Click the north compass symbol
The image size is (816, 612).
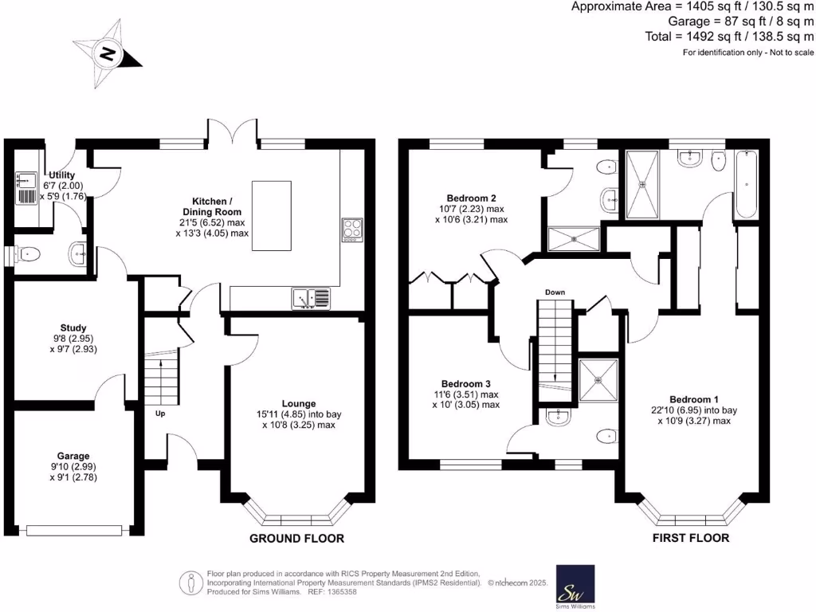point(108,55)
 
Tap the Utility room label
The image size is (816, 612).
point(62,175)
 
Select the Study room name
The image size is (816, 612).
point(73,328)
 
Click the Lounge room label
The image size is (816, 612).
point(298,403)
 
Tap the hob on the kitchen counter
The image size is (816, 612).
point(351,229)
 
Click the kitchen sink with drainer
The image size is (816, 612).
point(311,298)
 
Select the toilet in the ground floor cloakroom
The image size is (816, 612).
point(29,255)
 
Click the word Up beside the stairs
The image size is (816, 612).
point(160,413)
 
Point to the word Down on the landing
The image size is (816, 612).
point(555,292)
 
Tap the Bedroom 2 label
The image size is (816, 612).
point(472,198)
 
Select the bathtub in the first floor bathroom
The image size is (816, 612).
point(747,185)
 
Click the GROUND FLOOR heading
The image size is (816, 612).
point(297,539)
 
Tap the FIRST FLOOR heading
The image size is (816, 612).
point(691,538)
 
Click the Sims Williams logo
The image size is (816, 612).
point(575,587)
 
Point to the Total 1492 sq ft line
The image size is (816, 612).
point(729,36)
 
